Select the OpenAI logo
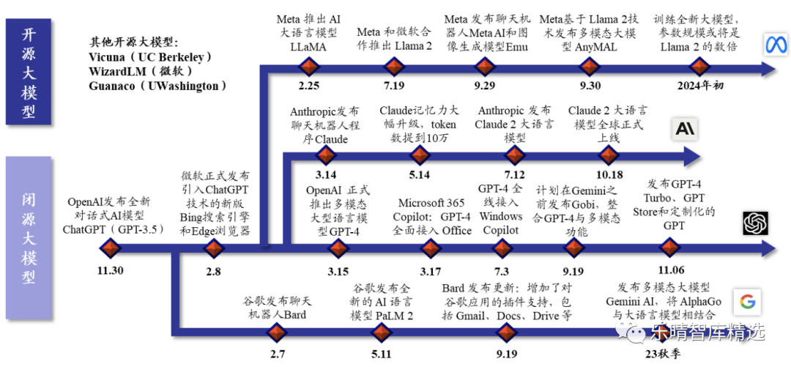point(755,223)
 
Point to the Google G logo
point(746,301)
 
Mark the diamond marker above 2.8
point(213,249)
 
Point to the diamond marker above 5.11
point(381,333)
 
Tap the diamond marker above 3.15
point(338,249)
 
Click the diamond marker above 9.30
point(589,67)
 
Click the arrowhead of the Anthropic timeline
point(690,155)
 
